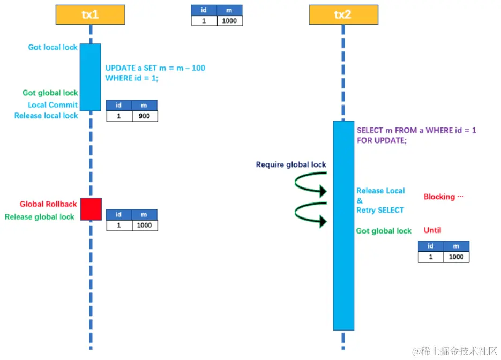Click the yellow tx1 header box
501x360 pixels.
(90, 15)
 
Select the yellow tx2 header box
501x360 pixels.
(343, 15)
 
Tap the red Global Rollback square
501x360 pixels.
(91, 209)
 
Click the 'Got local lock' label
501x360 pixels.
(53, 47)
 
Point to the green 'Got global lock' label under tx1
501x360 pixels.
(50, 93)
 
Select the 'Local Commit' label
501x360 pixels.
(53, 105)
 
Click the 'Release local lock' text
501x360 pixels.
(46, 116)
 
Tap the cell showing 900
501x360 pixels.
(145, 116)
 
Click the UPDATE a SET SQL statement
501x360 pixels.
(155, 73)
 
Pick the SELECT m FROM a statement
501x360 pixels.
(416, 135)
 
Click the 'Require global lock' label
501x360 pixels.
(291, 164)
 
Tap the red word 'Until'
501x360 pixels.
(432, 230)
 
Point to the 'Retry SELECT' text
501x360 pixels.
(380, 210)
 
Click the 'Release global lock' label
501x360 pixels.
(40, 217)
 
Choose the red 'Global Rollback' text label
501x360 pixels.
(48, 204)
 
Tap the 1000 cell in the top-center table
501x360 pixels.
(230, 21)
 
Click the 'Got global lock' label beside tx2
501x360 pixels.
(384, 231)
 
